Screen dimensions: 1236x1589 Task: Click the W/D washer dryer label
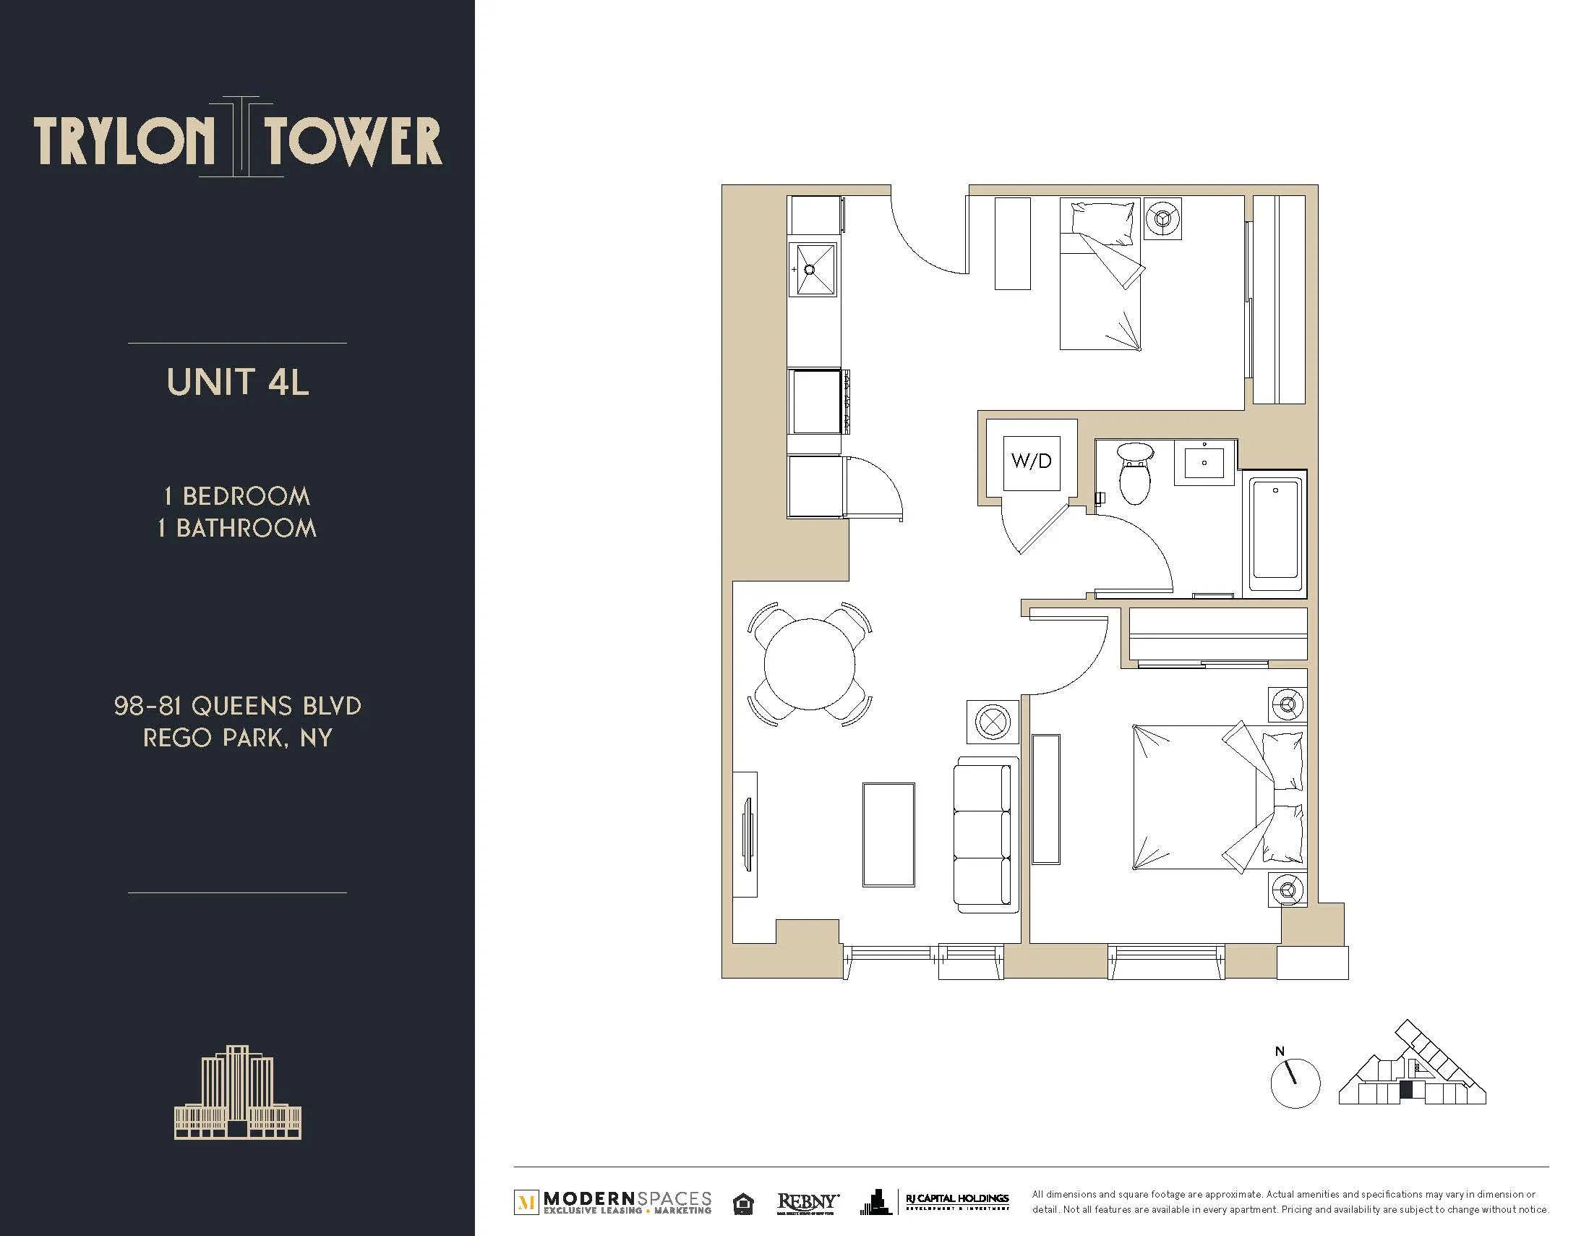[1031, 461]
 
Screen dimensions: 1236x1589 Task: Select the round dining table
[809, 663]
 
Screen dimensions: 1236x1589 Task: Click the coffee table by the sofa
[888, 834]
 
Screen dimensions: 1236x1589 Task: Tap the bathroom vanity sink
[1204, 462]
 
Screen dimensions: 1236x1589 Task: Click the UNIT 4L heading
[238, 382]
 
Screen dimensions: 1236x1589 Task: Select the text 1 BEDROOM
[238, 496]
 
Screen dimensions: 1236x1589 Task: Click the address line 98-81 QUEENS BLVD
[238, 705]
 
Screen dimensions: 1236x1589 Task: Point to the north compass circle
[1295, 1083]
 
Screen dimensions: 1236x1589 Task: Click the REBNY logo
[808, 1203]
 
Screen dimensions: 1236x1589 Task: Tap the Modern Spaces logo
[613, 1203]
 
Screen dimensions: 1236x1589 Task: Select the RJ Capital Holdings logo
[956, 1203]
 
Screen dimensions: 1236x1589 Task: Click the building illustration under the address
[238, 1092]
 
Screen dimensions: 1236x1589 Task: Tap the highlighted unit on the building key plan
[1406, 1090]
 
